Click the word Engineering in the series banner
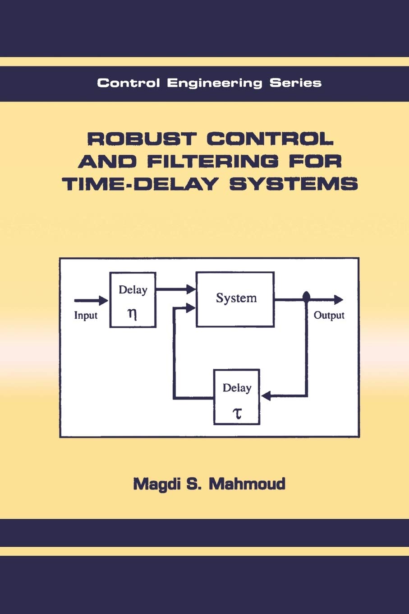coord(214,83)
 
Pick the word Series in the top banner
coord(295,83)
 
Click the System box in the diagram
coord(235,299)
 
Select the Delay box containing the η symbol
coord(133,299)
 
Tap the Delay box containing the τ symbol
coord(237,397)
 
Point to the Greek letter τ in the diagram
coord(237,413)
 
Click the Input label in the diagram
coord(86,315)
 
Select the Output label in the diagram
coord(329,315)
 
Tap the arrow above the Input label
coord(91,300)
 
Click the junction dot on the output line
coord(306,296)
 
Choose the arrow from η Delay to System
coord(176,289)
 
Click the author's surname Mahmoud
coord(248,484)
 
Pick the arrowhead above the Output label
coord(338,299)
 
